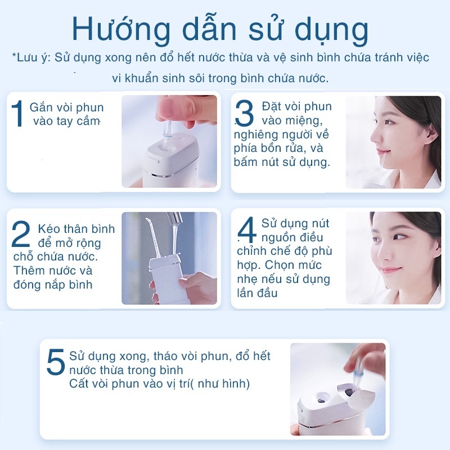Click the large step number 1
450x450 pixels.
(x=17, y=114)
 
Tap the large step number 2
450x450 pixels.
(x=21, y=233)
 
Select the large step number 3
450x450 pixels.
(x=244, y=113)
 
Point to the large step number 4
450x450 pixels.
(x=247, y=230)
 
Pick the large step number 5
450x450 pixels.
(x=56, y=362)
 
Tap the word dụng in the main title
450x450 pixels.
(x=331, y=31)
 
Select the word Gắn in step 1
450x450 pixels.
(x=41, y=107)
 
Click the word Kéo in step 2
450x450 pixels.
(x=49, y=229)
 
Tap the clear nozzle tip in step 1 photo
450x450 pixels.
(x=167, y=130)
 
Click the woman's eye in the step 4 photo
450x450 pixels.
(x=399, y=237)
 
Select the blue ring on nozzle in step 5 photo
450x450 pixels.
(x=358, y=373)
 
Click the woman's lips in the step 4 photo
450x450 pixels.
(x=389, y=270)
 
